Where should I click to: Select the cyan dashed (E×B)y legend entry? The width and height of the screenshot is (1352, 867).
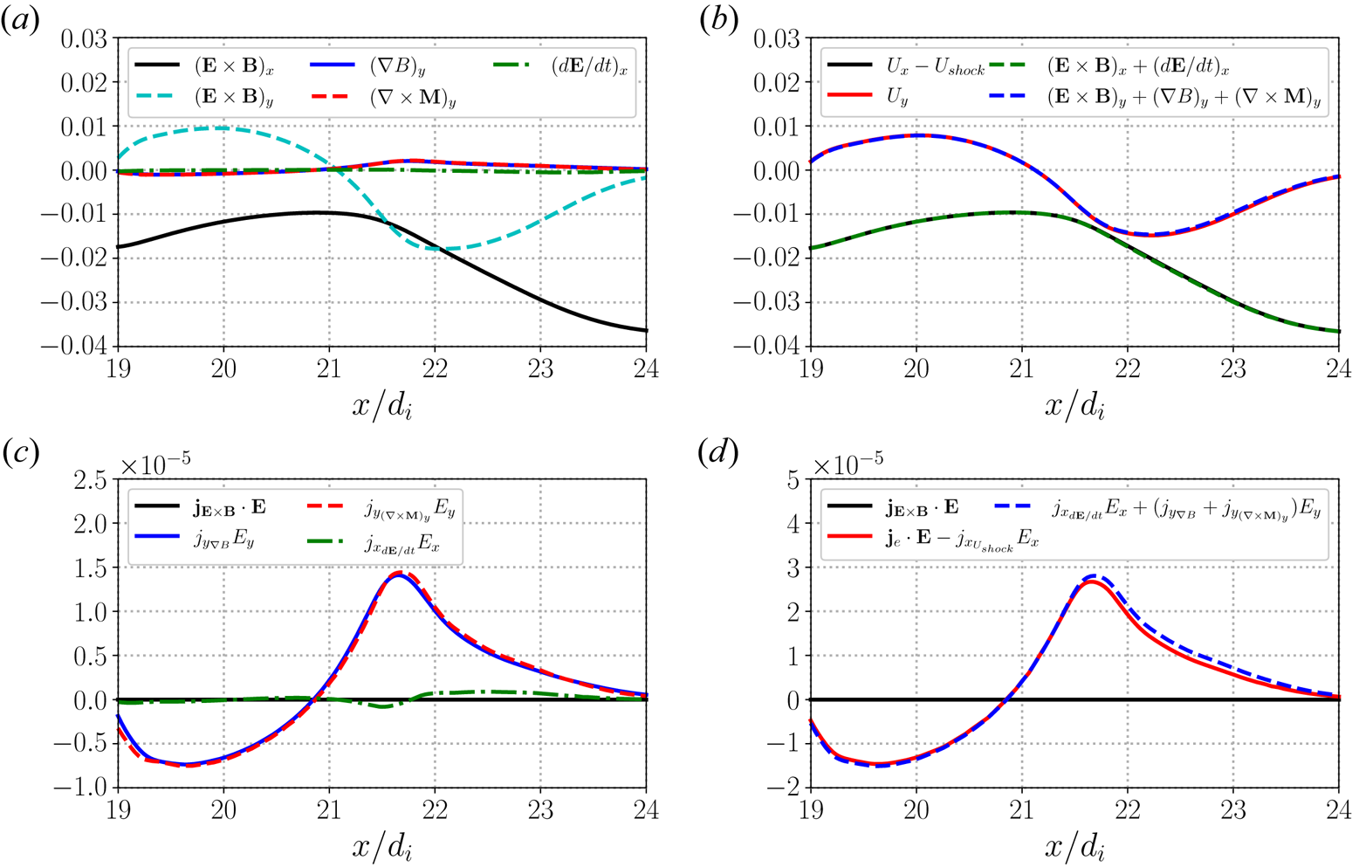click(231, 98)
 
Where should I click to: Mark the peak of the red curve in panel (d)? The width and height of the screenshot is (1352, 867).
click(1092, 581)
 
